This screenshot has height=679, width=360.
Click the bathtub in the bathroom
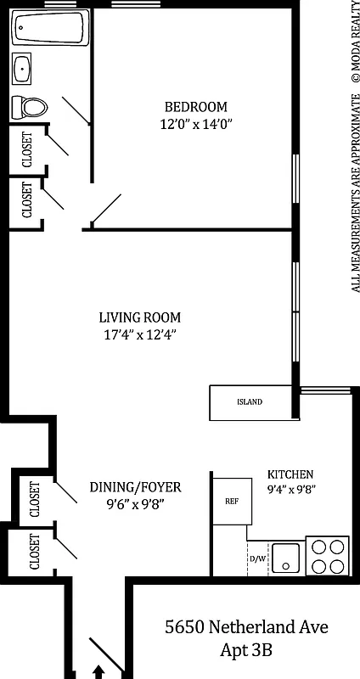[x=48, y=31]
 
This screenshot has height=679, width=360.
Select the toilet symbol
[x=29, y=107]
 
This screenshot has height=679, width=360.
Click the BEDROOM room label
[x=196, y=107]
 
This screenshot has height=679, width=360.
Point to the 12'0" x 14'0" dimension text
[x=196, y=124]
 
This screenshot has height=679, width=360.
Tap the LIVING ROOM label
[x=139, y=317]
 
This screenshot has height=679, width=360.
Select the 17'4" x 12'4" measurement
[x=139, y=334]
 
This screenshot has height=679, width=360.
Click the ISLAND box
[x=250, y=402]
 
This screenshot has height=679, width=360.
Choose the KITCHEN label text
[x=290, y=474]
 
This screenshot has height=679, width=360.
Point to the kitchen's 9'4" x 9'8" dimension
[x=290, y=490]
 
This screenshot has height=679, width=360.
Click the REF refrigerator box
[x=230, y=500]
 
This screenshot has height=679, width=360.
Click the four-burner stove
[x=327, y=557]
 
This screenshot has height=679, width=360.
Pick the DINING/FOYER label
[x=136, y=487]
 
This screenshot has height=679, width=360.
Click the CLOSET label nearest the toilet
[x=26, y=149]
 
